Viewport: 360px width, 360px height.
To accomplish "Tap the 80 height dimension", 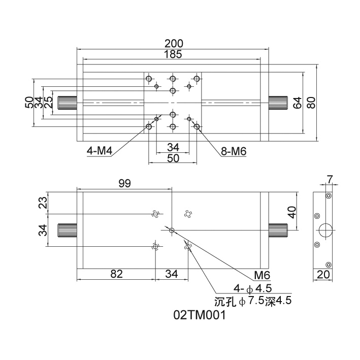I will [311, 103].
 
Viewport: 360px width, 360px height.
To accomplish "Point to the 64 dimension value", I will [297, 103].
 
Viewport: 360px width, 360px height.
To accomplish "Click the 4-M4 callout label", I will [100, 151].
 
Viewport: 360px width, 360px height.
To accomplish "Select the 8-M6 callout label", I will [234, 151].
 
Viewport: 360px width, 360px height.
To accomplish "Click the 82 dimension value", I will [116, 274].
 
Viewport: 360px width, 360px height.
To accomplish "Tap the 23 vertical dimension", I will [43, 203].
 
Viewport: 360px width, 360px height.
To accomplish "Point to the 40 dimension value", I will [291, 212].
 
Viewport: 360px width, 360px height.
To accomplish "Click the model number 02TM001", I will [199, 315].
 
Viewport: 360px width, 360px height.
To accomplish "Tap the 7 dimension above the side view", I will [330, 179].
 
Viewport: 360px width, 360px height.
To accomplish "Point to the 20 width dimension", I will [322, 275].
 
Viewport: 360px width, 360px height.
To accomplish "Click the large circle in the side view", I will [324, 230].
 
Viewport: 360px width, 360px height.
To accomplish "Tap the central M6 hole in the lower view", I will [172, 230].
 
